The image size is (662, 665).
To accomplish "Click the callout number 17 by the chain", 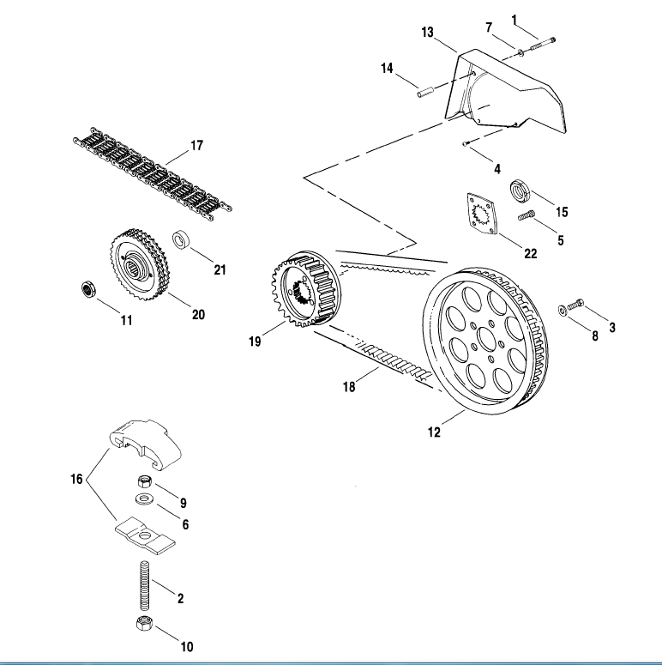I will [x=196, y=145].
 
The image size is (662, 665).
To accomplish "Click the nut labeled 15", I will [x=519, y=190].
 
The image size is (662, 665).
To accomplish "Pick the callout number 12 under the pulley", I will [x=434, y=432].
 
